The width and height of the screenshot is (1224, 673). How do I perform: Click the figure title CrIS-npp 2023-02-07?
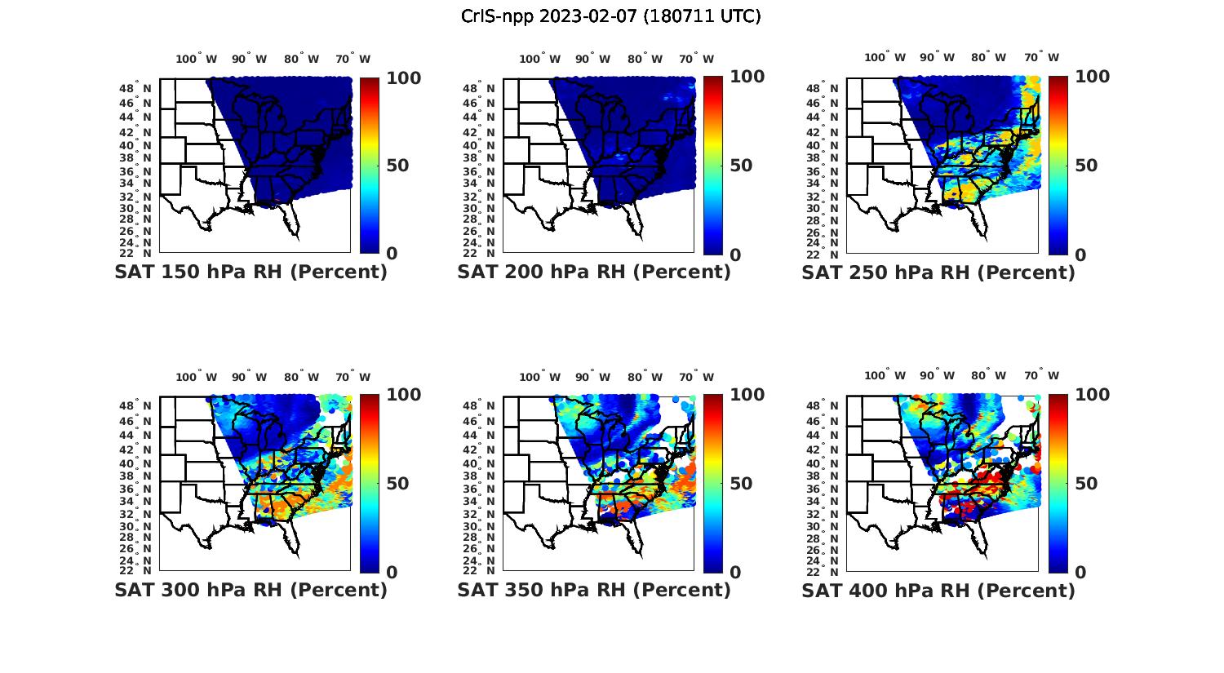[x=610, y=16]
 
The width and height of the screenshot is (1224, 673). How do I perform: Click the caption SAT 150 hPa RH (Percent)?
[x=251, y=272]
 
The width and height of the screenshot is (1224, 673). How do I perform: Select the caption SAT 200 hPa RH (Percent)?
[x=594, y=272]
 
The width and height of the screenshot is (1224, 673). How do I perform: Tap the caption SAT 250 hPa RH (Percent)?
[x=938, y=272]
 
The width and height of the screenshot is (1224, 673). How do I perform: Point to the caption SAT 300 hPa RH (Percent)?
[x=251, y=590]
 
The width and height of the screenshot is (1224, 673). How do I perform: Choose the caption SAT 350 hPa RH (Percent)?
[x=594, y=590]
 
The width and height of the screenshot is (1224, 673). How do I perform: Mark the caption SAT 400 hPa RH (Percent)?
[x=938, y=590]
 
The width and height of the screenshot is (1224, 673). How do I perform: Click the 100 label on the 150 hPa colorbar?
[x=403, y=78]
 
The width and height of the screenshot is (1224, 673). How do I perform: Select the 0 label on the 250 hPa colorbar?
[x=1081, y=255]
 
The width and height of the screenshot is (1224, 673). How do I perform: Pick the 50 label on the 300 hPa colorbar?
[x=397, y=484]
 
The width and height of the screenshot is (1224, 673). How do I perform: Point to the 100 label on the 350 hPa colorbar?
[x=747, y=395]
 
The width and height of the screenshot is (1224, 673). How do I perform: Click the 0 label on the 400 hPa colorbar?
[x=1081, y=573]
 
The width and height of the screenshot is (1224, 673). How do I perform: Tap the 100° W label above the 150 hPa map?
[x=197, y=59]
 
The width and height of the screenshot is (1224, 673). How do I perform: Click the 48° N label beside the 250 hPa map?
[x=828, y=88]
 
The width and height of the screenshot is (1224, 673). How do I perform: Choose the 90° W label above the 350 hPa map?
[x=592, y=377]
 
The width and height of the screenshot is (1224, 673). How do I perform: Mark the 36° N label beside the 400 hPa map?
[x=828, y=489]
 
